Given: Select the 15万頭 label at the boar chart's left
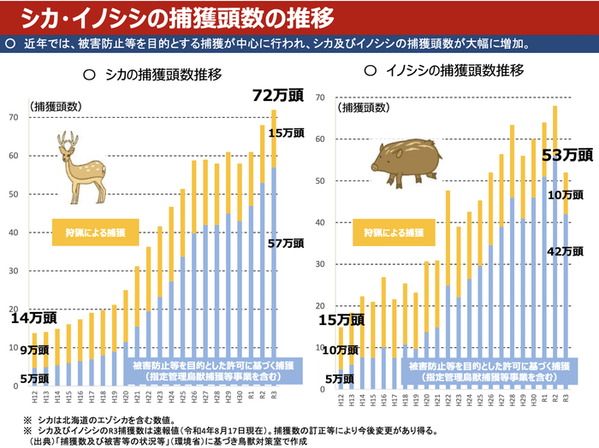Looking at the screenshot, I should [x=341, y=320].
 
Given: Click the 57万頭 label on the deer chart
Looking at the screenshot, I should [x=286, y=244].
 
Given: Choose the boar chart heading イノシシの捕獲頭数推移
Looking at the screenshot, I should [x=443, y=71].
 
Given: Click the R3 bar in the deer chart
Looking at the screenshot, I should [x=274, y=256].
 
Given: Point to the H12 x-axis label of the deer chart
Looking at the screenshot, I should [x=34, y=399].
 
